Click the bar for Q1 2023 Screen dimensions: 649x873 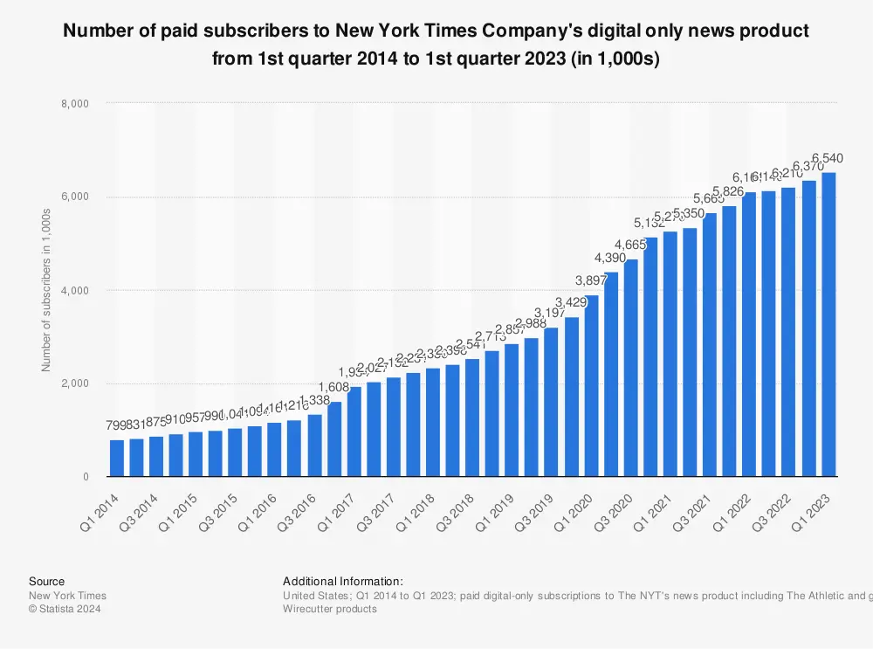point(829,324)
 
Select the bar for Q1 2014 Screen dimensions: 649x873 point(117,458)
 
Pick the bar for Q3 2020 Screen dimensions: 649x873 point(631,368)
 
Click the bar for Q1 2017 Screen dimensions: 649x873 point(354,432)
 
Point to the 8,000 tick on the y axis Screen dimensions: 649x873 point(78,103)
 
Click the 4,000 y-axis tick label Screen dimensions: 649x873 point(78,290)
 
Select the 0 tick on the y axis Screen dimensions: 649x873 point(86,477)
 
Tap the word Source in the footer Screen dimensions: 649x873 point(46,581)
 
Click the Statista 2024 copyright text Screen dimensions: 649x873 point(65,609)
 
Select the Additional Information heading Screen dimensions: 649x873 point(343,581)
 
